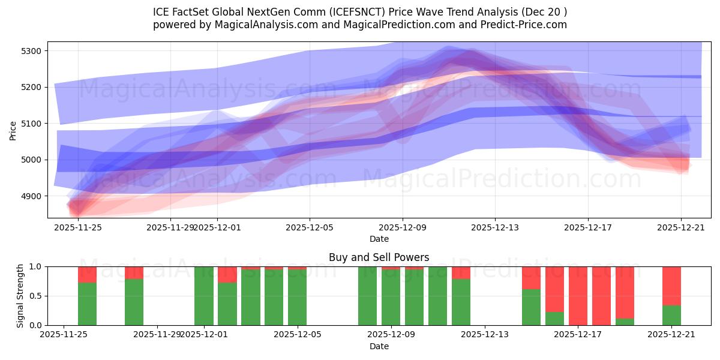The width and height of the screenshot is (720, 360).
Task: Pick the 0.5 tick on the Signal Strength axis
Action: click(x=35, y=296)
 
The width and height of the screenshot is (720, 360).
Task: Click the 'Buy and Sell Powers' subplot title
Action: click(x=379, y=257)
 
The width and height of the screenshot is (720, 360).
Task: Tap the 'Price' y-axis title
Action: click(x=13, y=130)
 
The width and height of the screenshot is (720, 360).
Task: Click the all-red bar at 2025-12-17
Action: click(x=578, y=296)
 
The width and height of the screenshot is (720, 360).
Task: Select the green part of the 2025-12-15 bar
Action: click(x=531, y=307)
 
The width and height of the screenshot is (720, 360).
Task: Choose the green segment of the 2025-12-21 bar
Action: click(x=671, y=316)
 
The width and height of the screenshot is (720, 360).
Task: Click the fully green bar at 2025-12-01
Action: click(x=204, y=296)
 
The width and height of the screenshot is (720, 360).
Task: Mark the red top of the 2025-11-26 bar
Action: click(x=88, y=274)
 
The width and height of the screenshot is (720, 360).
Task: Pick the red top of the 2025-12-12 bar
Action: click(x=461, y=272)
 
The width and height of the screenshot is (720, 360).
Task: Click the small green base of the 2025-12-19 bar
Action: click(x=625, y=322)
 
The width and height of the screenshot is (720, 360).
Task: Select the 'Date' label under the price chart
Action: click(x=379, y=239)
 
